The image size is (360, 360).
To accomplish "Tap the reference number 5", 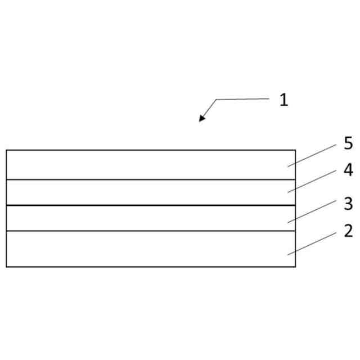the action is pos(348,143).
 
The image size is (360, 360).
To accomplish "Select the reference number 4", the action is pos(348,170).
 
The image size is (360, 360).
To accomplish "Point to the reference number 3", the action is pos(348,203).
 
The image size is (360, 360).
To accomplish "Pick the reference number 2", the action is pos(348,230).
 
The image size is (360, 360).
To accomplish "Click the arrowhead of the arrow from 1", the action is pos(201,119).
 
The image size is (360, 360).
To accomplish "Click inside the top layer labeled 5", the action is pos(146,165).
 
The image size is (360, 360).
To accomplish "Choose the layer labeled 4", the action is pos(146,192).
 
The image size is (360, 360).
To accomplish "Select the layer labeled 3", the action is pos(146,218).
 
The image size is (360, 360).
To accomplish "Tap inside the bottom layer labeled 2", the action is pos(146,249).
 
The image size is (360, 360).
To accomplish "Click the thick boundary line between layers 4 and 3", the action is pos(146,205).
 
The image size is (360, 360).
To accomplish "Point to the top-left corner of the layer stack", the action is pos(7,150).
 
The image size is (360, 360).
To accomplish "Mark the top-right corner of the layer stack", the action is pos(295,150).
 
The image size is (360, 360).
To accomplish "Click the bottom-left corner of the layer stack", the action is pos(7,266).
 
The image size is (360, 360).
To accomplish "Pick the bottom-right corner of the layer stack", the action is pos(295,266).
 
